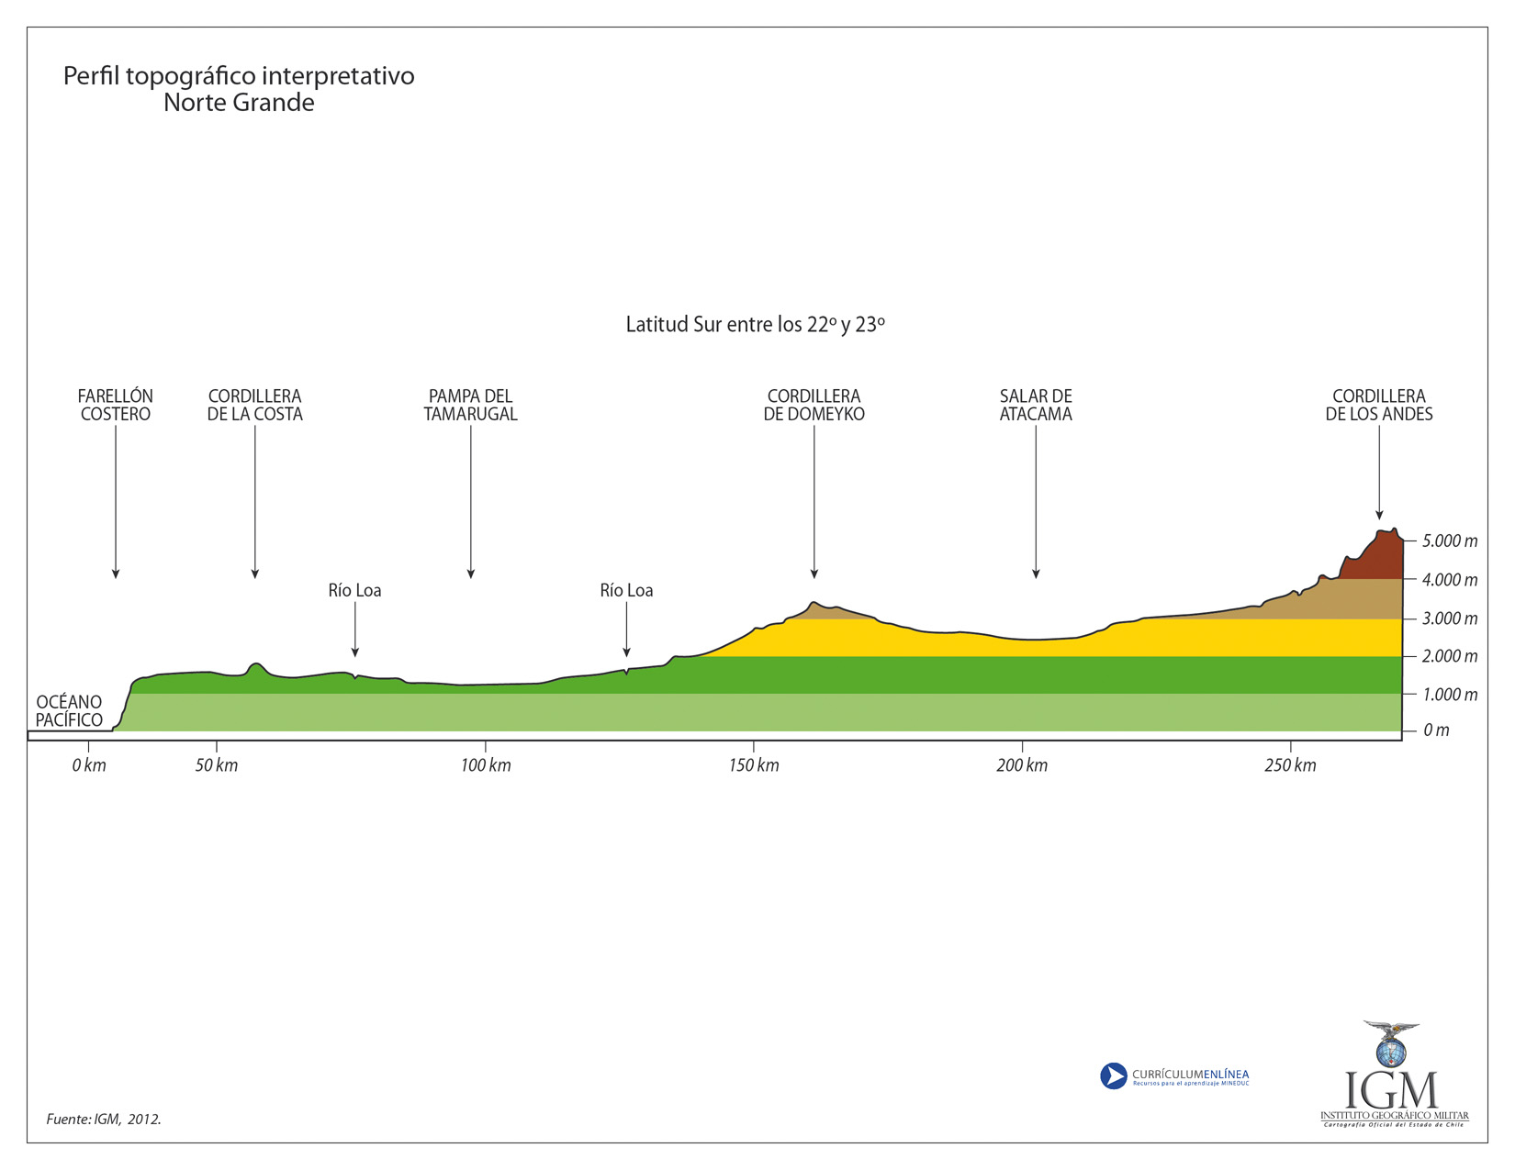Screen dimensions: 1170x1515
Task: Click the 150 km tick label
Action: [754, 765]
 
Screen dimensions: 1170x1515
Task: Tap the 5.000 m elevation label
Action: [1450, 541]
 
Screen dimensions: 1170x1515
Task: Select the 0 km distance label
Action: [89, 765]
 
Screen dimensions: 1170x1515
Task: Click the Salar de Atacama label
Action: [1036, 405]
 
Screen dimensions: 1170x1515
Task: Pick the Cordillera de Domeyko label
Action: [814, 405]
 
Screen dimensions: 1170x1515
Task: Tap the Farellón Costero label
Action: [116, 405]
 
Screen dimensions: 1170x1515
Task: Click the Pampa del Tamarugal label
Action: [470, 405]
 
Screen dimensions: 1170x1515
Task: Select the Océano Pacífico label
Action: [70, 711]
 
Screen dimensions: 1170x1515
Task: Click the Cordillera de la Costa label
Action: [254, 405]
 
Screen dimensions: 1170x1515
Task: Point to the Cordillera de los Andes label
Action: [1378, 405]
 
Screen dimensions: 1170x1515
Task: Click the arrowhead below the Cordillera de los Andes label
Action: [1379, 515]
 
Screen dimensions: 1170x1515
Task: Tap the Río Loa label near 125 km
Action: [626, 590]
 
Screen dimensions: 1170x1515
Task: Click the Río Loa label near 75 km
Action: [354, 590]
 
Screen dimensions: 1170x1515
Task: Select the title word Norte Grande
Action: [239, 103]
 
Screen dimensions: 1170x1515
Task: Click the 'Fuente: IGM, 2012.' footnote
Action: [104, 1120]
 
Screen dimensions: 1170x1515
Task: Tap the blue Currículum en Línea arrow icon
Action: [1113, 1075]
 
